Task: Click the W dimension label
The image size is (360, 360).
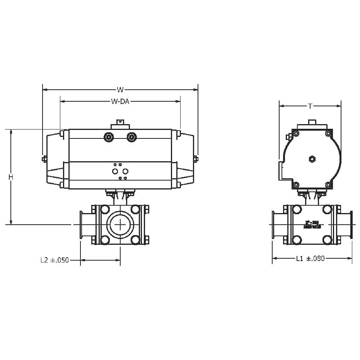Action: [x=120, y=90]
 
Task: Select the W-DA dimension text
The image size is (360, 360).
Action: [x=120, y=102]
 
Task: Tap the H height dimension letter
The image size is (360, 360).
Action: [x=11, y=177]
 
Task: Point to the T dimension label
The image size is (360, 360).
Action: [x=310, y=106]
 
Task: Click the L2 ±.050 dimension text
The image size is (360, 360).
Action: [x=55, y=260]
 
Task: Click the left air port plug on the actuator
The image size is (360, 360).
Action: [x=109, y=137]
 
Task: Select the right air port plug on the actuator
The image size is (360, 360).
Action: [x=132, y=137]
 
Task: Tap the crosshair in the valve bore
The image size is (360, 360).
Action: [x=120, y=224]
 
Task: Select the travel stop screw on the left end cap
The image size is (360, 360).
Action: [x=44, y=159]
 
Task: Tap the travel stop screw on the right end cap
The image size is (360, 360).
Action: [x=196, y=159]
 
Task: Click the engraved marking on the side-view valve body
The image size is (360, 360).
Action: [x=311, y=224]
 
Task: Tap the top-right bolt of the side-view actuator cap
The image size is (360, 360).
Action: [x=328, y=134]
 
